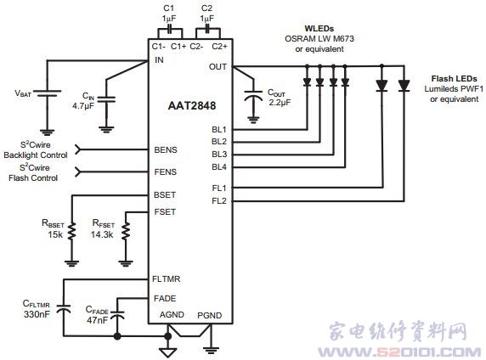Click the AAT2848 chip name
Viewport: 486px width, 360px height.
192,105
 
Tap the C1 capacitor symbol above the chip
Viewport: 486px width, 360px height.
170,29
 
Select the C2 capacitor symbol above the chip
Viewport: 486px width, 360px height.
207,29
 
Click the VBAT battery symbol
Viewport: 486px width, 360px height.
47,93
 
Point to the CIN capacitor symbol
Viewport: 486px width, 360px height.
106,99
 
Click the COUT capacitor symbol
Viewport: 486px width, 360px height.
253,95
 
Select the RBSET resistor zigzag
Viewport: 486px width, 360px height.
72,231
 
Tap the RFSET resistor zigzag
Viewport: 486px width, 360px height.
126,231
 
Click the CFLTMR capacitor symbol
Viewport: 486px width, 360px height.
64,308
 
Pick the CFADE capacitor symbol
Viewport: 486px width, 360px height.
117,314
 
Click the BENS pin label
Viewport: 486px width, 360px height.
166,150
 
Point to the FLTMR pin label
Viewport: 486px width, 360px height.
167,278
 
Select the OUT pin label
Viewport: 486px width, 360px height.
218,67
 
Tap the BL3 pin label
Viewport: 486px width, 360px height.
219,155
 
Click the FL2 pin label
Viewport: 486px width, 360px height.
219,201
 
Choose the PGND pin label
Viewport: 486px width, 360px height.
210,315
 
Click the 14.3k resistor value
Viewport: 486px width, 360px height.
102,234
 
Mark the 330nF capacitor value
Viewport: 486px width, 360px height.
37,314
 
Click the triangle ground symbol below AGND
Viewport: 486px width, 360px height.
168,352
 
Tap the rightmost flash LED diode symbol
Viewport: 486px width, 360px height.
404,86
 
